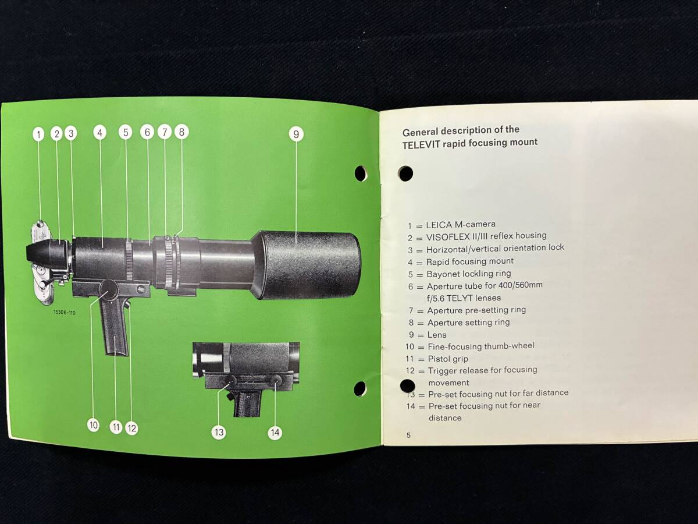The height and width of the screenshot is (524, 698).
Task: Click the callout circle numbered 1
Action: tap(39, 134)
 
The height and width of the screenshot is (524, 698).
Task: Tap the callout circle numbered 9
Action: tap(296, 134)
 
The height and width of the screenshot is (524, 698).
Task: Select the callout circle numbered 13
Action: tap(219, 432)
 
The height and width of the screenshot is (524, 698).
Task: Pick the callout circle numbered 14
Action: tap(275, 433)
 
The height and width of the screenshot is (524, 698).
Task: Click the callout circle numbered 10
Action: tap(94, 425)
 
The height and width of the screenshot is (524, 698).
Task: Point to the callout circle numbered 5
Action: tap(126, 132)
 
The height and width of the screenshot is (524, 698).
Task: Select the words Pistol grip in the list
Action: tap(448, 359)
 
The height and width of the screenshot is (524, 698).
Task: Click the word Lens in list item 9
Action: tap(437, 335)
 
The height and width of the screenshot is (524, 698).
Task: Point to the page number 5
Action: tap(409, 435)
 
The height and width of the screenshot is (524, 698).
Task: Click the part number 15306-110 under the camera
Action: tap(65, 313)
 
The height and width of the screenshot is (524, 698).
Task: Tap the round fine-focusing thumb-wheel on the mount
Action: tap(109, 289)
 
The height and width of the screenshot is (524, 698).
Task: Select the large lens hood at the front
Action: tap(307, 265)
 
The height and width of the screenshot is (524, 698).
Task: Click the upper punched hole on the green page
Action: tap(361, 174)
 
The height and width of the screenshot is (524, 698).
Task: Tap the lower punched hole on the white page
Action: tap(407, 385)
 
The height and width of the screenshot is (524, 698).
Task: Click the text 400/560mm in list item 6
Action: tap(521, 285)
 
